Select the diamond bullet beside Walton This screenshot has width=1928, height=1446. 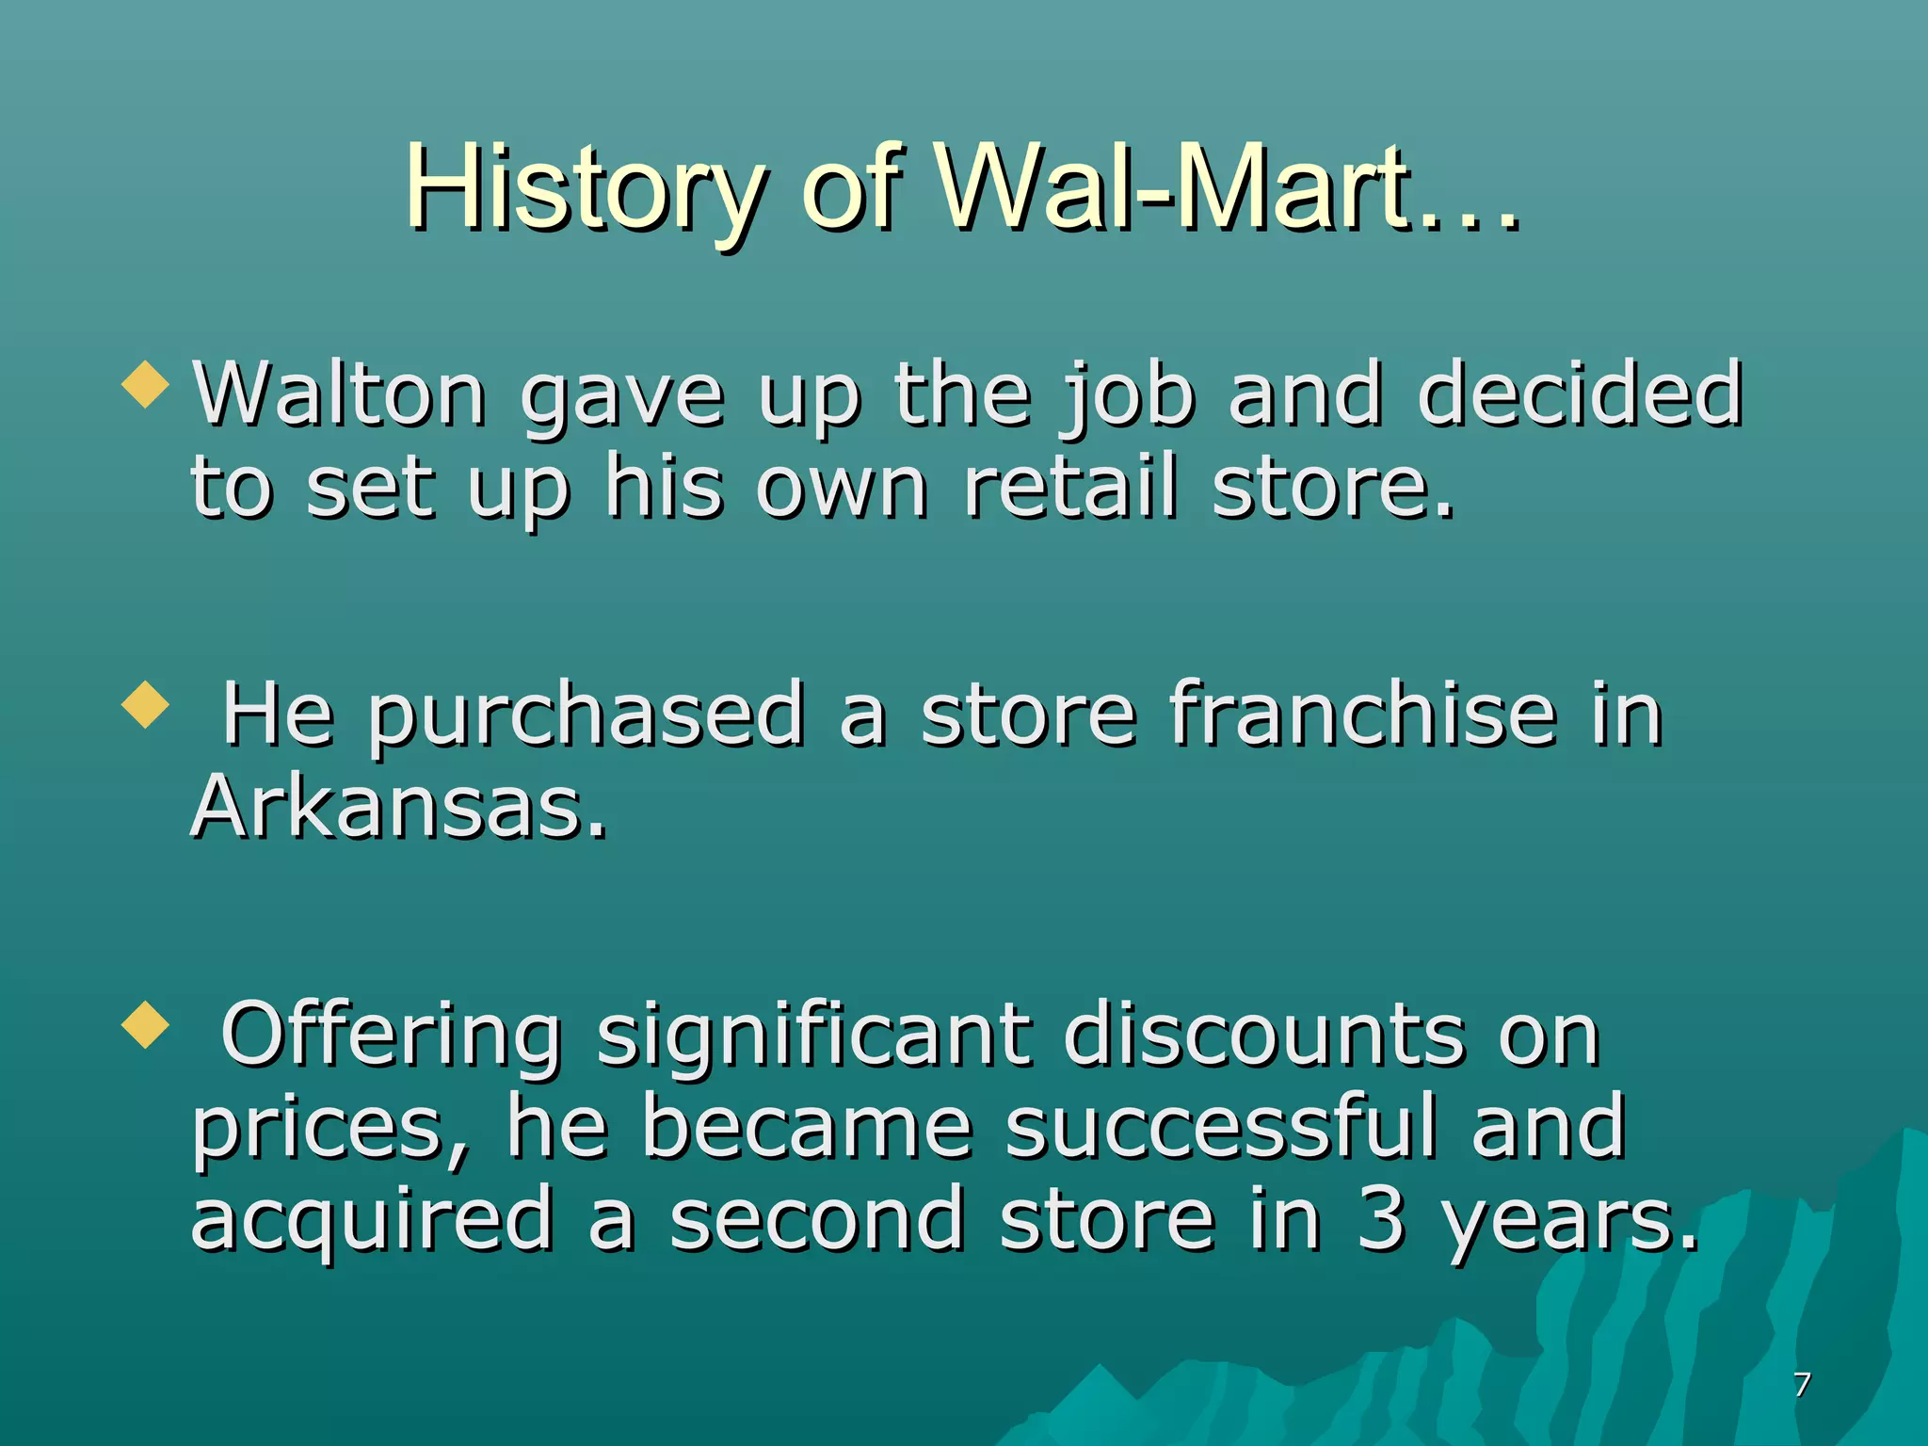coord(146,385)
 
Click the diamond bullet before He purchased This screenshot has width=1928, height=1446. coord(146,705)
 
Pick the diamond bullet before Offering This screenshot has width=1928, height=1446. coord(146,1025)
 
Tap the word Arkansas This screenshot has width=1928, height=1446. coord(398,807)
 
